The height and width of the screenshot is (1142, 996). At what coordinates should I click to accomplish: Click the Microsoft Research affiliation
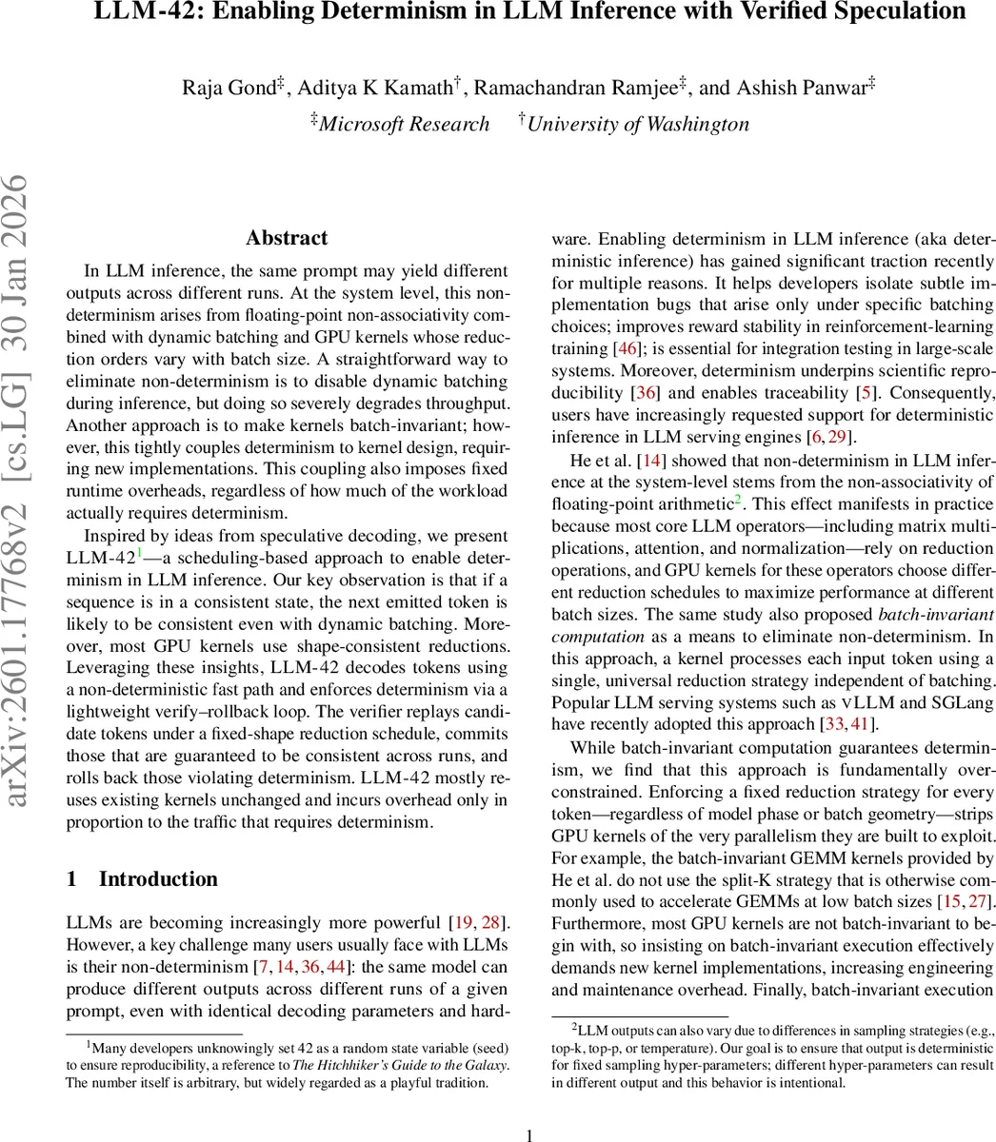click(x=404, y=125)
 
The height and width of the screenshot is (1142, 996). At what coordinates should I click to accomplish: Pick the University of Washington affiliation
click(x=638, y=125)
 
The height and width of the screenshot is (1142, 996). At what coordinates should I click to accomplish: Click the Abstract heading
click(x=287, y=238)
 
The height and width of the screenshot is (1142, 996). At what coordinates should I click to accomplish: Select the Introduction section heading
click(x=158, y=878)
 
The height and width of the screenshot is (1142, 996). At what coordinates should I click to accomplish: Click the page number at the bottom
click(x=530, y=1134)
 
